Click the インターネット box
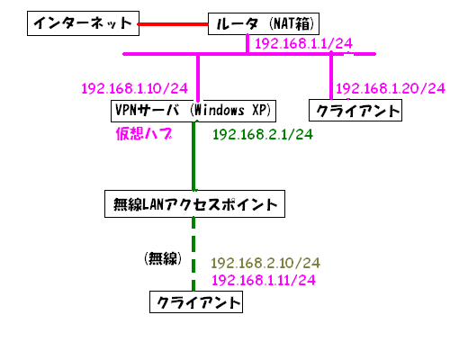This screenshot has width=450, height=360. pyautogui.click(x=83, y=23)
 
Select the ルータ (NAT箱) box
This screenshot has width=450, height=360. pyautogui.click(x=264, y=23)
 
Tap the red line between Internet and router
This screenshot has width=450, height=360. pyautogui.click(x=173, y=24)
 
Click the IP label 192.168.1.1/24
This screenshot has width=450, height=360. pyautogui.click(x=303, y=44)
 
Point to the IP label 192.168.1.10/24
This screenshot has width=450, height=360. pyautogui.click(x=134, y=88)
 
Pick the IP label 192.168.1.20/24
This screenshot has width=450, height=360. pyautogui.click(x=391, y=88)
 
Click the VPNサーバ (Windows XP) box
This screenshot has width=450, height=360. pyautogui.click(x=193, y=111)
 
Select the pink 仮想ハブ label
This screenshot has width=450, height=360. pyautogui.click(x=144, y=133)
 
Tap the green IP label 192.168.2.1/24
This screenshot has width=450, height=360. pyautogui.click(x=263, y=134)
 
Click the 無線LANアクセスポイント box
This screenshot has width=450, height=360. pyautogui.click(x=194, y=203)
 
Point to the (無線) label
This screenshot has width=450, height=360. pyautogui.click(x=163, y=258)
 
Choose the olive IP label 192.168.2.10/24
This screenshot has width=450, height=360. pyautogui.click(x=265, y=263)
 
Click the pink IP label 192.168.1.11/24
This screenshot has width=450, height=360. pyautogui.click(x=264, y=280)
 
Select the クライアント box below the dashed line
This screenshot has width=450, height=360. pyautogui.click(x=196, y=301)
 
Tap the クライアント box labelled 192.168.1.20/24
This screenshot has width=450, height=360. pyautogui.click(x=355, y=111)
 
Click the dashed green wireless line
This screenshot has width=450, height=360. pyautogui.click(x=193, y=254)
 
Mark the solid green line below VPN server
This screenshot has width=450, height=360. pyautogui.click(x=193, y=156)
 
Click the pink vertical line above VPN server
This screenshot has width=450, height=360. pyautogui.click(x=198, y=77)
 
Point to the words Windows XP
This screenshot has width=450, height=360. pyautogui.click(x=230, y=110)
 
